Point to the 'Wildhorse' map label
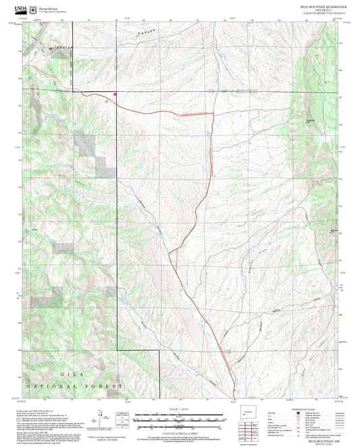pyautogui.click(x=60, y=49)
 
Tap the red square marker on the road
pyautogui.click(x=115, y=94)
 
